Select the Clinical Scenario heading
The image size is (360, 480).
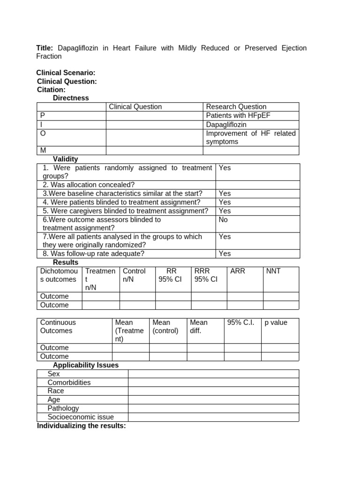66,73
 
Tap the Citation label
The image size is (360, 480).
52,90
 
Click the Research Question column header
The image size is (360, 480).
236,107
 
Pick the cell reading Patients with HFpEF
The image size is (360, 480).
238,115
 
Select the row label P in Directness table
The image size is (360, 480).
43,115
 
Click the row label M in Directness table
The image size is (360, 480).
43,150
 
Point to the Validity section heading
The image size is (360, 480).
66,159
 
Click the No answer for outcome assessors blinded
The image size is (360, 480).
223,219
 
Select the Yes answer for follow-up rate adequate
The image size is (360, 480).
225,254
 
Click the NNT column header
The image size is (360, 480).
273,271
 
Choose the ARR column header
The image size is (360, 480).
238,271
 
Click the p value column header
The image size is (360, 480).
276,322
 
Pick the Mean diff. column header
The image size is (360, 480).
199,326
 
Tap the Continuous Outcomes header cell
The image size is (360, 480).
58,326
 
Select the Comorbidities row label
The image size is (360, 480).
69,382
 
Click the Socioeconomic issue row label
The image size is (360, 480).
81,417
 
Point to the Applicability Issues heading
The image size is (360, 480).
86,365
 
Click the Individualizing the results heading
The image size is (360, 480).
82,426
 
